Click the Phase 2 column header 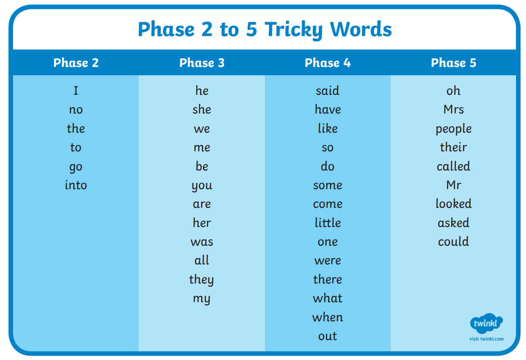pyautogui.click(x=76, y=63)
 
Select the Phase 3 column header pyautogui.click(x=202, y=63)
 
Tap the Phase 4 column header pyautogui.click(x=328, y=63)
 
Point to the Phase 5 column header pyautogui.click(x=453, y=63)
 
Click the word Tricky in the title pyautogui.click(x=294, y=30)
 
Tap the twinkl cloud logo pyautogui.click(x=486, y=323)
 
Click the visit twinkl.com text pyautogui.click(x=486, y=339)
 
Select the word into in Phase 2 pyautogui.click(x=76, y=185)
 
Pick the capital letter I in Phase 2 pyautogui.click(x=76, y=90)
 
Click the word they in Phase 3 pyautogui.click(x=201, y=280)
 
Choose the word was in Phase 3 pyautogui.click(x=202, y=242)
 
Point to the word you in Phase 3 pyautogui.click(x=202, y=186)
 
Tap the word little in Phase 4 pyautogui.click(x=328, y=223)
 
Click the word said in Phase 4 pyautogui.click(x=328, y=90)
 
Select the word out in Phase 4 pyautogui.click(x=328, y=336)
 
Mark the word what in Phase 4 pyautogui.click(x=328, y=298)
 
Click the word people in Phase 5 pyautogui.click(x=453, y=129)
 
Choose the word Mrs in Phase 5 pyautogui.click(x=453, y=110)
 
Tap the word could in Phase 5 pyautogui.click(x=453, y=241)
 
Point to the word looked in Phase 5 pyautogui.click(x=453, y=203)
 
